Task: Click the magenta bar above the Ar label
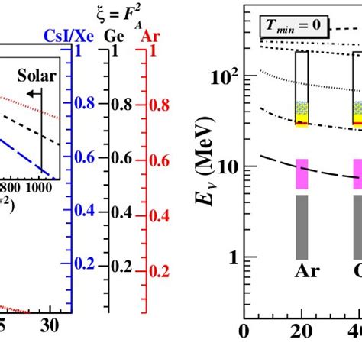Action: pos(302,173)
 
